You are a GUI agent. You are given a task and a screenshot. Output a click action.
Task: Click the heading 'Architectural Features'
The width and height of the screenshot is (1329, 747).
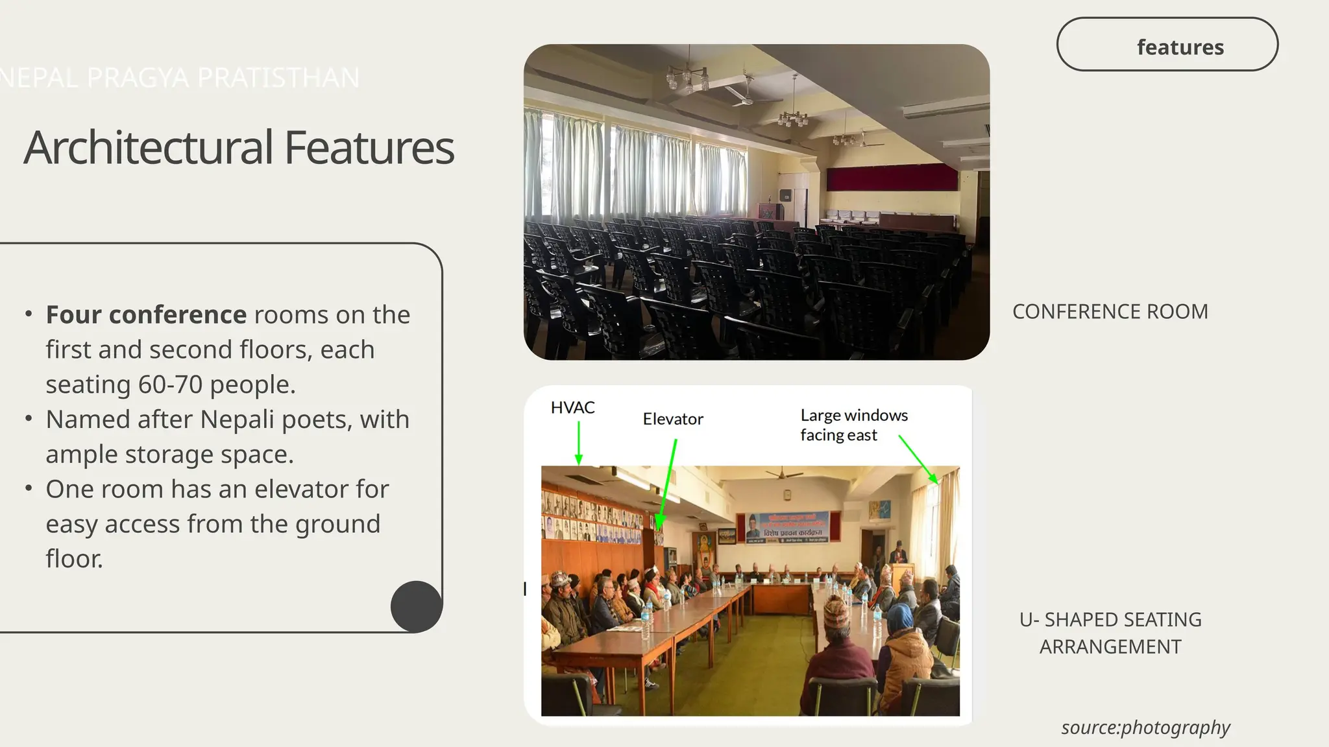[239, 148]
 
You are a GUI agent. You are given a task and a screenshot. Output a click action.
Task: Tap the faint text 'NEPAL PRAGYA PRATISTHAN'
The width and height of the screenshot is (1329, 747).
[179, 78]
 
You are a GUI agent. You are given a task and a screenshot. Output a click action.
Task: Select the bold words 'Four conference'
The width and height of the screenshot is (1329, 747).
[146, 315]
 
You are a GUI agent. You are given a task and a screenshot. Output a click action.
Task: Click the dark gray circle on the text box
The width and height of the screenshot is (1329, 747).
[417, 606]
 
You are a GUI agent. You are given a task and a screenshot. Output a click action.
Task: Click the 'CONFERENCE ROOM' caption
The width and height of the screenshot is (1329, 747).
[1110, 312]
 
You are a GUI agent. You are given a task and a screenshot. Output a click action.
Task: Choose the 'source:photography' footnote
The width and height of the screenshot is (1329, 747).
[1145, 728]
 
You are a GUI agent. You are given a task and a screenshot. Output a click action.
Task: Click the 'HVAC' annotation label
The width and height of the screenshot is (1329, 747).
[572, 408]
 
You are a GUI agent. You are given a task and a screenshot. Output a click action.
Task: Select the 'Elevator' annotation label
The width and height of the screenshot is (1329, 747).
[673, 419]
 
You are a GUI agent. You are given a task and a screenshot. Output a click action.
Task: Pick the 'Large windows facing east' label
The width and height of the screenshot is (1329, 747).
[853, 425]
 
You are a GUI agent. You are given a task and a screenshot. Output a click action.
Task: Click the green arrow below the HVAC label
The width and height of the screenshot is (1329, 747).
[578, 444]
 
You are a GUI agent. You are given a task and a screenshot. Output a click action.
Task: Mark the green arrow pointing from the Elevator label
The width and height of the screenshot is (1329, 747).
[667, 484]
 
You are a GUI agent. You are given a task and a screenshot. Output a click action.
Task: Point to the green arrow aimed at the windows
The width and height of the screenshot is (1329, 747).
[918, 459]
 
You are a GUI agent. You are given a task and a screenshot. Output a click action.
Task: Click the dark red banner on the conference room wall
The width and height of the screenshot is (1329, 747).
[892, 176]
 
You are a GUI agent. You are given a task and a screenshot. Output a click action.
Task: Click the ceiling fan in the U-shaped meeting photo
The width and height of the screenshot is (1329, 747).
[784, 474]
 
